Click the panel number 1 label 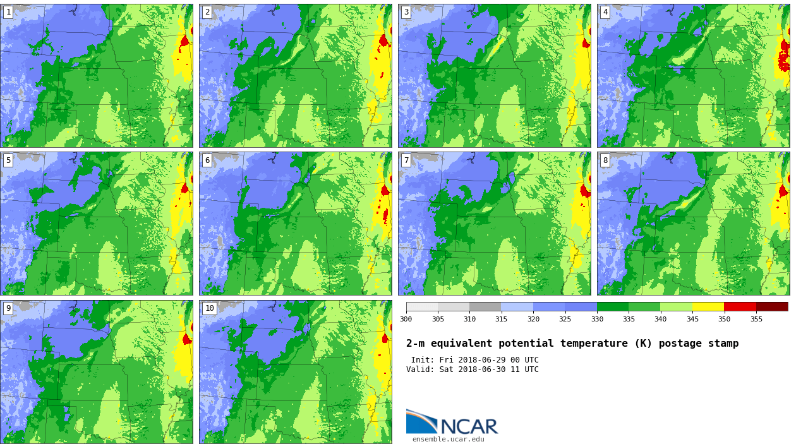(x=8, y=12)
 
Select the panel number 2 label (x=207, y=12)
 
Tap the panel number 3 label (x=406, y=12)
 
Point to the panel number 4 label (x=605, y=12)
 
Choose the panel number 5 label (x=8, y=160)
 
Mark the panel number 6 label (x=207, y=160)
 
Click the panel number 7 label (x=406, y=160)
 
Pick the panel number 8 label (x=605, y=160)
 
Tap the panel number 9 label (x=8, y=308)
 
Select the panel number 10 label (x=210, y=308)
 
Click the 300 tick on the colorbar (x=406, y=319)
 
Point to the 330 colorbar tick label (x=597, y=319)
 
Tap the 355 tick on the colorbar (x=756, y=319)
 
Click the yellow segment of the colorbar (x=708, y=306)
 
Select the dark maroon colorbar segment (x=772, y=306)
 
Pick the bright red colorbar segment (x=740, y=306)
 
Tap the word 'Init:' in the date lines (x=423, y=360)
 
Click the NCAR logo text (x=469, y=427)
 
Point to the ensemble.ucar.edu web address (x=448, y=440)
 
